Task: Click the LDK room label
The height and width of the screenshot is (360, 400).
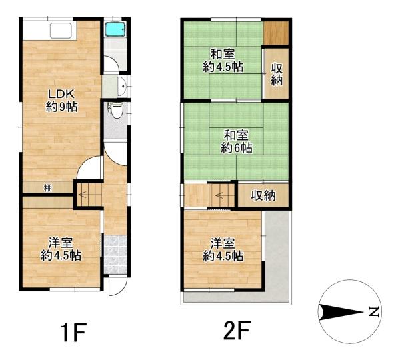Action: point(61,100)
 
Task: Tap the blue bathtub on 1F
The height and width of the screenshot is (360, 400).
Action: point(115,30)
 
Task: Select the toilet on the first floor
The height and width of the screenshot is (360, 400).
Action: point(117,110)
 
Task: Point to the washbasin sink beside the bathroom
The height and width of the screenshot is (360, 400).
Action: point(122,86)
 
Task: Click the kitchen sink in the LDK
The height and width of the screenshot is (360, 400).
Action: point(61,31)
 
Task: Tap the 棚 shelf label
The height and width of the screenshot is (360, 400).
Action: point(48,188)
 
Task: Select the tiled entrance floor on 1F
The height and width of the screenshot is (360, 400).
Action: point(115,255)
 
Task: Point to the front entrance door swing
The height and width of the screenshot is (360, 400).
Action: point(117,286)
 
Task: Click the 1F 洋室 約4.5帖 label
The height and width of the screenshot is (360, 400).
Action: point(61,249)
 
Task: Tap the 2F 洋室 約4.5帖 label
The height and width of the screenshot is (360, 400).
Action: point(223,249)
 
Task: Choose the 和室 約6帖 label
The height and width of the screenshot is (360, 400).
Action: point(237,141)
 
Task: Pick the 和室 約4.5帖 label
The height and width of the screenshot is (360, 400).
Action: point(223,61)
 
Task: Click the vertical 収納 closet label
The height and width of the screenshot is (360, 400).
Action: point(277,74)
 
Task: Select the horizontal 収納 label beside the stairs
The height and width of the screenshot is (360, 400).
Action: point(263,196)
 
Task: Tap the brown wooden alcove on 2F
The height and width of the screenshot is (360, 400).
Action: point(276,33)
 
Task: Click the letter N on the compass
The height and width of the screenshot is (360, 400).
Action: point(374,312)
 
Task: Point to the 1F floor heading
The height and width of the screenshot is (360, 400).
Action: point(73,332)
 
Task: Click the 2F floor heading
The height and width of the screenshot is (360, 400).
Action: point(237,330)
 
